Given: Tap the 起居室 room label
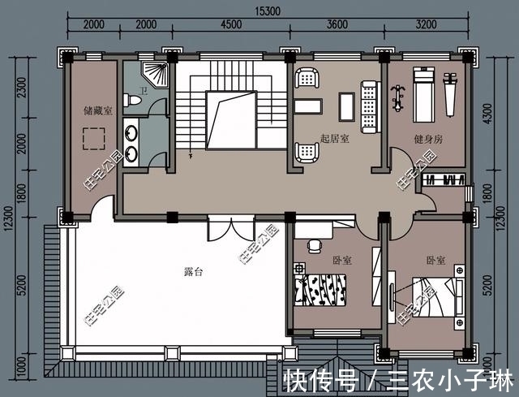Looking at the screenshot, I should click(334, 139).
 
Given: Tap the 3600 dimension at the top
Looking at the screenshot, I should click(337, 24).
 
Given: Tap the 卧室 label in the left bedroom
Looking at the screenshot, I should click(342, 261).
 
